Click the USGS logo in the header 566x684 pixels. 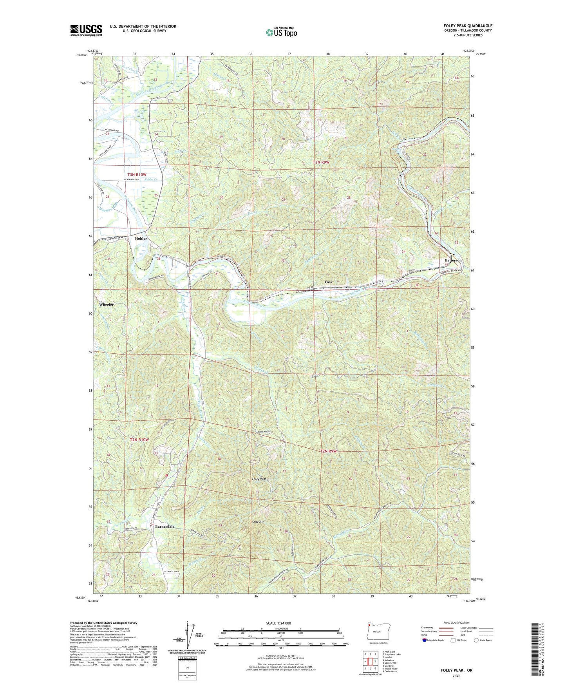[x=86, y=30]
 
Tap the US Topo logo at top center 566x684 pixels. [x=281, y=32]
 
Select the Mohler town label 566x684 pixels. [x=141, y=239]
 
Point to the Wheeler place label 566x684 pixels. [x=107, y=304]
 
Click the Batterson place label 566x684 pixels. [x=453, y=260]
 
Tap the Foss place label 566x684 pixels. [x=328, y=282]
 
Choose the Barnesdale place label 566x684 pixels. [x=165, y=527]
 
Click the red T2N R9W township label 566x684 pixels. [x=328, y=451]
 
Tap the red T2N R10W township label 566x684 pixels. [x=139, y=440]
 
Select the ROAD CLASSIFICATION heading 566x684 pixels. [x=456, y=622]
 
